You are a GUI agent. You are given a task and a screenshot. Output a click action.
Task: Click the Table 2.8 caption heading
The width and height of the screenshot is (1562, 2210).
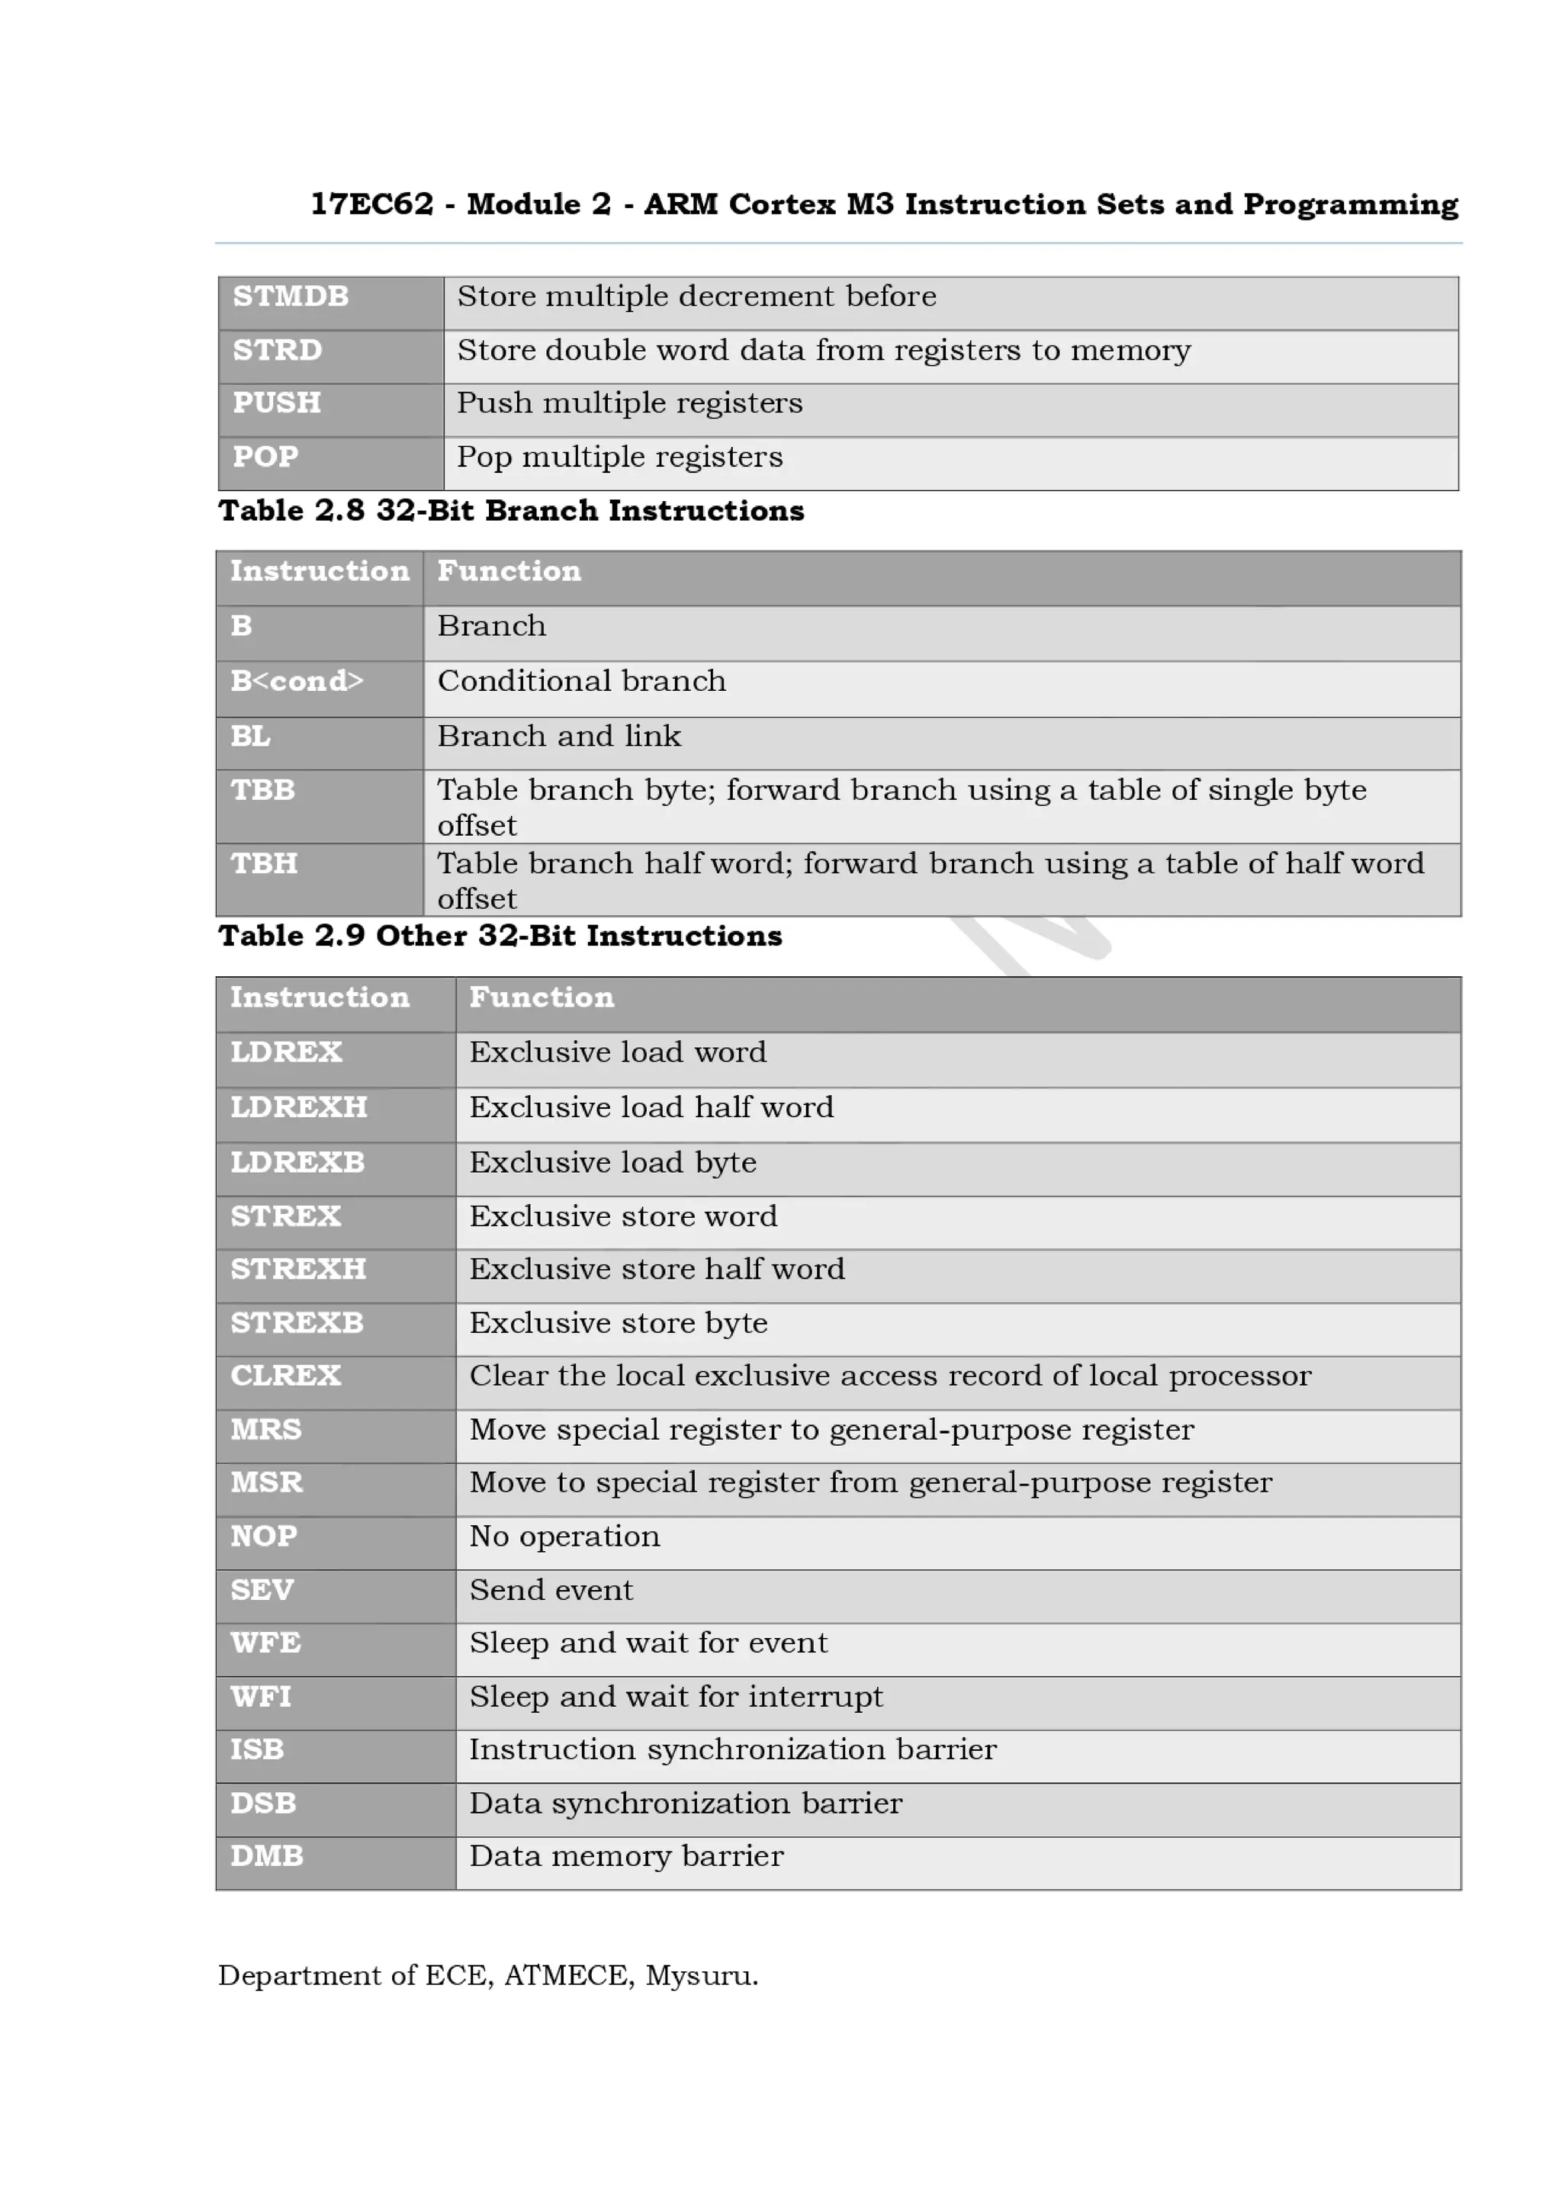(511, 511)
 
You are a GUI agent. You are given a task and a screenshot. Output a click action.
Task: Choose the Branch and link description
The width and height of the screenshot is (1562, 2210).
(558, 737)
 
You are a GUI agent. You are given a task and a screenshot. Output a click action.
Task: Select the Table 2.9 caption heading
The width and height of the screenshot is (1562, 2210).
(500, 936)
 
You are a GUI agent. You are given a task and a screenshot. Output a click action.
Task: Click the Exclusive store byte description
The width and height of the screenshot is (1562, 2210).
(618, 1324)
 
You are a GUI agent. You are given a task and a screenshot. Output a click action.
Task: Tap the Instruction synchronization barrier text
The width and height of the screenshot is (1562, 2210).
(732, 1750)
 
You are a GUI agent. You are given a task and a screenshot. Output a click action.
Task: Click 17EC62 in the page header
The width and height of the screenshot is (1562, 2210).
(371, 204)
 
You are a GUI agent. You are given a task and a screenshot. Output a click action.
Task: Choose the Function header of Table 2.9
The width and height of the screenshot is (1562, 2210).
(541, 998)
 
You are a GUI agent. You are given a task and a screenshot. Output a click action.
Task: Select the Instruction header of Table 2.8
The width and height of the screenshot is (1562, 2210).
(320, 572)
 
